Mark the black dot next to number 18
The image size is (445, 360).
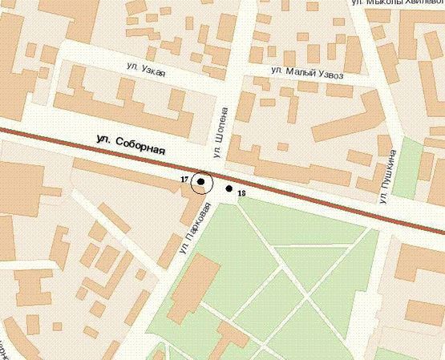pyautogui.click(x=229, y=189)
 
